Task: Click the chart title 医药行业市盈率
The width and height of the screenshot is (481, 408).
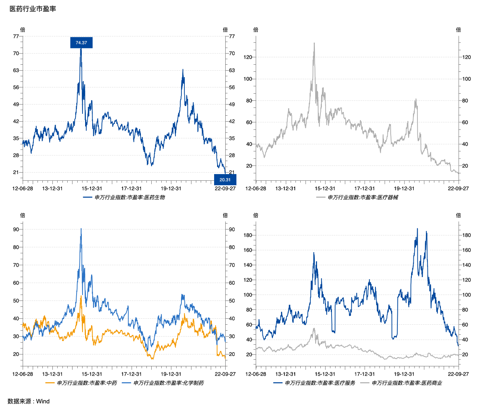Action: [x=33, y=9]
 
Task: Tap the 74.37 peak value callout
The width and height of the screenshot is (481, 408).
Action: [x=81, y=43]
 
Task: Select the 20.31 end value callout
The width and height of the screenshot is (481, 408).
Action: [x=225, y=180]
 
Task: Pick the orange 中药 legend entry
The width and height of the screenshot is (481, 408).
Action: [x=81, y=383]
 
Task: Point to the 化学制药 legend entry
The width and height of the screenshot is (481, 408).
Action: [x=163, y=383]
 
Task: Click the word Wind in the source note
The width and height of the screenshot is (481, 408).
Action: [x=43, y=401]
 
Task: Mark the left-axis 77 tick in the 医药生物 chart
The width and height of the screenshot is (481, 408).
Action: [x=16, y=36]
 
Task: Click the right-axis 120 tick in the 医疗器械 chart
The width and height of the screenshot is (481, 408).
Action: [x=467, y=57]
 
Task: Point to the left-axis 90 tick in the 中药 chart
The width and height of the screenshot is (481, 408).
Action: [x=16, y=229]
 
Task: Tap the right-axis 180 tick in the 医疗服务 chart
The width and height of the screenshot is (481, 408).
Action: [x=467, y=235]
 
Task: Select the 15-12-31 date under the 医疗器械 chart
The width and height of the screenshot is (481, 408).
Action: [x=325, y=189]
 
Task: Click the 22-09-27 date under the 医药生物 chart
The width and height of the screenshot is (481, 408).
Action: [x=225, y=189]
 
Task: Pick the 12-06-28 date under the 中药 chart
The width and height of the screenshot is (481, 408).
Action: [x=23, y=374]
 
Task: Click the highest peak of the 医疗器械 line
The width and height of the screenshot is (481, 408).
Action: [x=314, y=43]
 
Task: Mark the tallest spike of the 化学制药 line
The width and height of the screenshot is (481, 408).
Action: [x=81, y=229]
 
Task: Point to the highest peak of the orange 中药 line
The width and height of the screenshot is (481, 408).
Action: [x=81, y=296]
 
